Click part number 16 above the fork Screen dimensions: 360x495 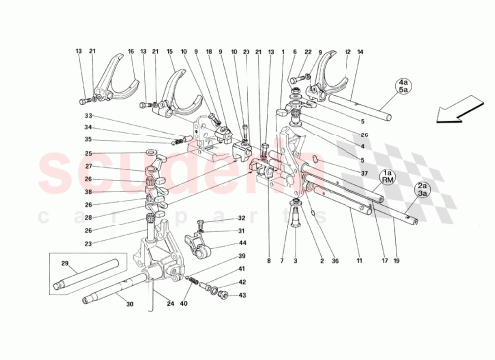(x=131, y=51)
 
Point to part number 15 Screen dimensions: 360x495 (x=169, y=51)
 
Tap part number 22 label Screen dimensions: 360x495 (x=308, y=51)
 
